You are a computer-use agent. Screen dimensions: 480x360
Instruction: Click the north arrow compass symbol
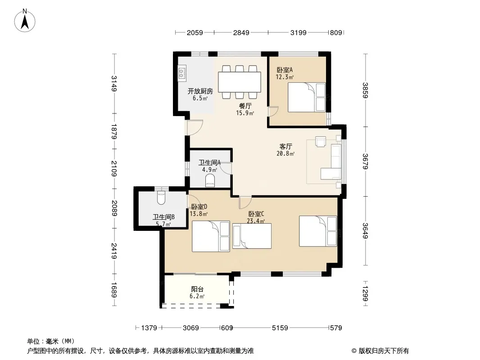[25, 21]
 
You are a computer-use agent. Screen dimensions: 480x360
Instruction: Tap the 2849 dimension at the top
[241, 32]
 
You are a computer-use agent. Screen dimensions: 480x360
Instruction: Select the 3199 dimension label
[298, 32]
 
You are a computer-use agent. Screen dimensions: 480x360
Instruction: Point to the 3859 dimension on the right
[365, 90]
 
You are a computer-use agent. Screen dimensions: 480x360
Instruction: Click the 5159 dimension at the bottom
[280, 328]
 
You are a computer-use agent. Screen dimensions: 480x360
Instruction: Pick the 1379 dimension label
[149, 328]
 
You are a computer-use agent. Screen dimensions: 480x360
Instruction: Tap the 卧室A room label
[285, 70]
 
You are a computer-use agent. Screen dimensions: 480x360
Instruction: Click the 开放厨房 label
[200, 91]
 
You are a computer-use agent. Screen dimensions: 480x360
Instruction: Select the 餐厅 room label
[245, 106]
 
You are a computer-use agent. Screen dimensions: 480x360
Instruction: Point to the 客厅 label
[285, 147]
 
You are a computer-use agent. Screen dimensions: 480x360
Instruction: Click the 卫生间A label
[210, 162]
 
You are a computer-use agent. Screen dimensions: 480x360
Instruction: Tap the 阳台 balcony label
[198, 289]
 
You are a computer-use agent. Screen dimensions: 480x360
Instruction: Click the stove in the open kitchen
[182, 73]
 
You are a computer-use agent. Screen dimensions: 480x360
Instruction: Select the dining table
[240, 82]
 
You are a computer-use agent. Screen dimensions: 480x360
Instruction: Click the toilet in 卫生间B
[161, 198]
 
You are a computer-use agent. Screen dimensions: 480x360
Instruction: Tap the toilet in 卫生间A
[210, 180]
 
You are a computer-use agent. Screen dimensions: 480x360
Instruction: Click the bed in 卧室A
[307, 97]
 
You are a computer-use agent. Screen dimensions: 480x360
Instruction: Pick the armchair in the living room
[321, 141]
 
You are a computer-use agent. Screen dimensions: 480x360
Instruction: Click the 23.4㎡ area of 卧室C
[256, 221]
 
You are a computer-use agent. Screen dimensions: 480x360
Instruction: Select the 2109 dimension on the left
[114, 169]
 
